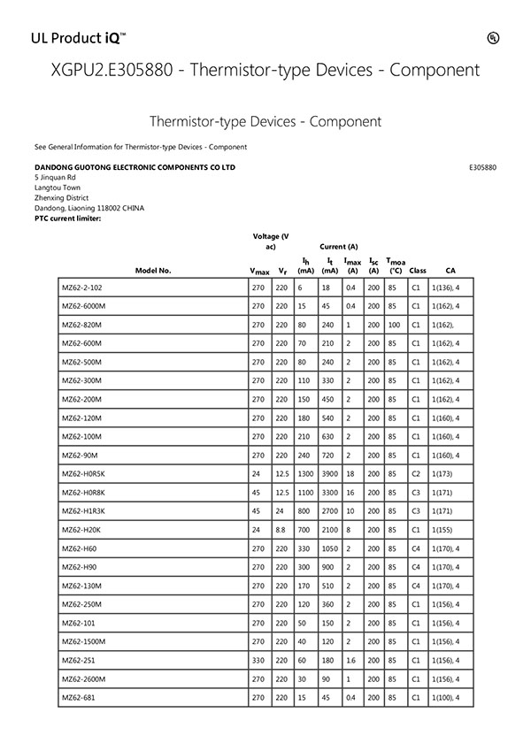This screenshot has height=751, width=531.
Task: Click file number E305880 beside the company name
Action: pyautogui.click(x=482, y=166)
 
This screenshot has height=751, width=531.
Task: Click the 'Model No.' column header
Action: pyautogui.click(x=153, y=271)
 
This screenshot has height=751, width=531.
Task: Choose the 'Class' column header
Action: pyautogui.click(x=418, y=271)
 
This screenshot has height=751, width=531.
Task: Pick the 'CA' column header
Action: pyautogui.click(x=450, y=271)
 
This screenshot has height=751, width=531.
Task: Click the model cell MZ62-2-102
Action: pyautogui.click(x=82, y=287)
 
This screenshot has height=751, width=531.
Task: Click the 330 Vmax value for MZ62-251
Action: pyautogui.click(x=258, y=660)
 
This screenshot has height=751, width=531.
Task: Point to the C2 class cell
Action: pyautogui.click(x=416, y=473)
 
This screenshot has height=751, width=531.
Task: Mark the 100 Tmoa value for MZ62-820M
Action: pyautogui.click(x=394, y=325)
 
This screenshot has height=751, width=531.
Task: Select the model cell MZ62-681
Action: pyautogui.click(x=79, y=699)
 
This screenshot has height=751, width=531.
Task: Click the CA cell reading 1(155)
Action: pyautogui.click(x=442, y=530)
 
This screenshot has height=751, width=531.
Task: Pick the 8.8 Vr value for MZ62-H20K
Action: pyautogui.click(x=281, y=530)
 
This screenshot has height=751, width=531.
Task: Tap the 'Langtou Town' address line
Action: pyautogui.click(x=57, y=188)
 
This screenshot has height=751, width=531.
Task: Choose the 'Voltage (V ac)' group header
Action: pyautogui.click(x=271, y=241)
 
